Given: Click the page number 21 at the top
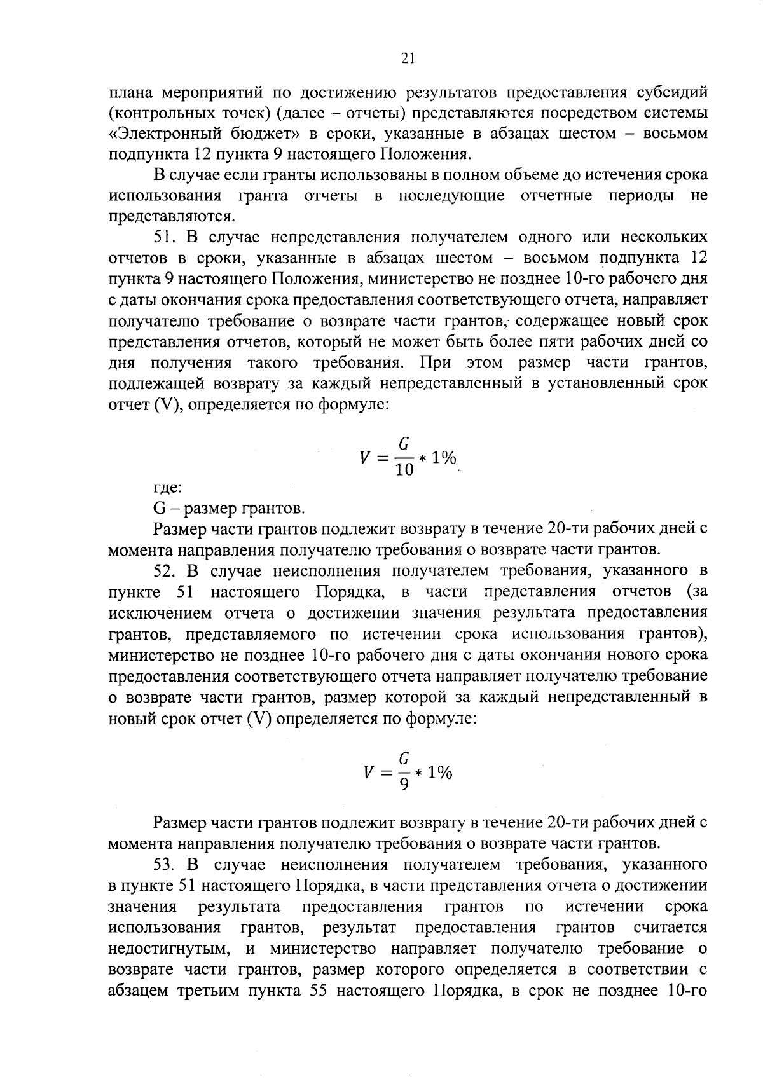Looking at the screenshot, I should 408,58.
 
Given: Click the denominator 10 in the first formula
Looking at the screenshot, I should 404,470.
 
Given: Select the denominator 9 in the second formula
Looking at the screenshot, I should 404,785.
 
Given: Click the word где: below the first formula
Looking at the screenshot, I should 168,488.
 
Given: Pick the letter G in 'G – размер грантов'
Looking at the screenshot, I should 160,509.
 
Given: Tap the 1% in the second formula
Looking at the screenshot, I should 440,773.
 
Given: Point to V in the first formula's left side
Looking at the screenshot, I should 365,458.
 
